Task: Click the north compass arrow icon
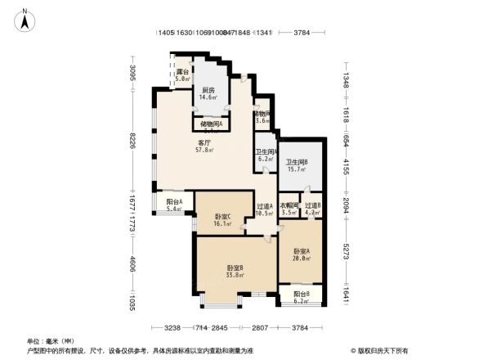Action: click(x=26, y=19)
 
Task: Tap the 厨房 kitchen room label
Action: click(x=208, y=90)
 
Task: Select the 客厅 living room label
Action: click(x=204, y=143)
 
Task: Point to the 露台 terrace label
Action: click(x=183, y=73)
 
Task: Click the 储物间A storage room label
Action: click(x=210, y=124)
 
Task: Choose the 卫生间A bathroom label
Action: click(x=266, y=152)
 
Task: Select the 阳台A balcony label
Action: click(x=174, y=201)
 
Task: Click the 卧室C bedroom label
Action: click(x=222, y=216)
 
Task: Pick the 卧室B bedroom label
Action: click(x=235, y=268)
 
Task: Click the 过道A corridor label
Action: click(x=264, y=206)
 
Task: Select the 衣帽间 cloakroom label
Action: click(x=289, y=205)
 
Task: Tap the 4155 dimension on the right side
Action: click(x=346, y=166)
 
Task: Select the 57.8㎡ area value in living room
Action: click(x=204, y=151)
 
